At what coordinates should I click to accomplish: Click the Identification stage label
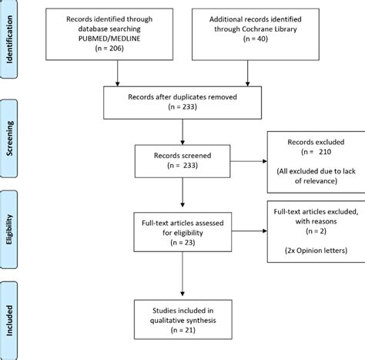(x=11, y=45)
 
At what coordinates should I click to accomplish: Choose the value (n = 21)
(x=181, y=331)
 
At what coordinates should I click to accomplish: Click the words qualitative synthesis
(x=181, y=320)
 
